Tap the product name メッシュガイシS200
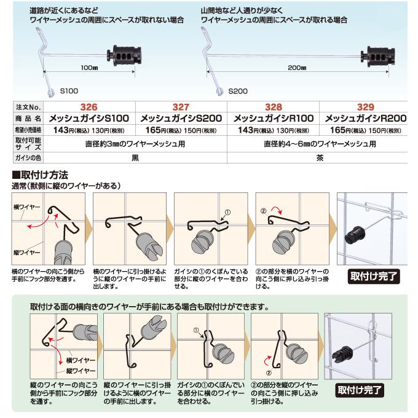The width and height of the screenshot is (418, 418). (x=181, y=118)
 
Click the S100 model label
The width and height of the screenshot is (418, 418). (x=68, y=90)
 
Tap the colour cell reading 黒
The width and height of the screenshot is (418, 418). (x=136, y=157)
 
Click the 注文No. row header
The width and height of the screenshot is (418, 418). (x=28, y=106)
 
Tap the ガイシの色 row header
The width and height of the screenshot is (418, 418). (x=28, y=157)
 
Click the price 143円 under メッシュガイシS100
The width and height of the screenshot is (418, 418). (x=66, y=130)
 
